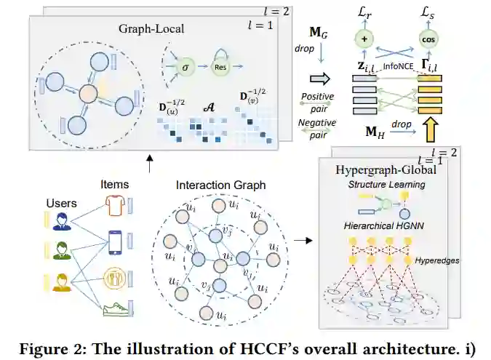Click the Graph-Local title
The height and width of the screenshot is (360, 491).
click(x=152, y=28)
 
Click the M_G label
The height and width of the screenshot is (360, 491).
click(x=319, y=32)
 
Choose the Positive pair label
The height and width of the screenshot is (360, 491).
click(x=318, y=100)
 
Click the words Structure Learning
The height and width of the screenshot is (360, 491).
click(x=386, y=185)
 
